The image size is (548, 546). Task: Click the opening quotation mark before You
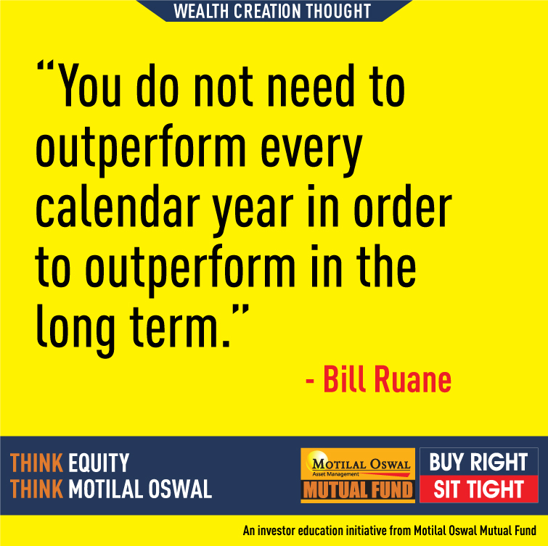point(46,66)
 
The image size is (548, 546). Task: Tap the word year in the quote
point(253,211)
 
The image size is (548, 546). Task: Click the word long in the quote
point(75,330)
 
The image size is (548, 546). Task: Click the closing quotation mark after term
point(240,310)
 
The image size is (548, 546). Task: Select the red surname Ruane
point(413,379)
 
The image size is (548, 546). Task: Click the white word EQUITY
point(99,463)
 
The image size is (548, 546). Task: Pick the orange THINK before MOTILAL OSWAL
point(36,489)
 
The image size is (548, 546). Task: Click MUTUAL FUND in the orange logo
point(358,489)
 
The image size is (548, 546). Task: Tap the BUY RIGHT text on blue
point(478,462)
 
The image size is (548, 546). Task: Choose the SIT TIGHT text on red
point(479,489)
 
